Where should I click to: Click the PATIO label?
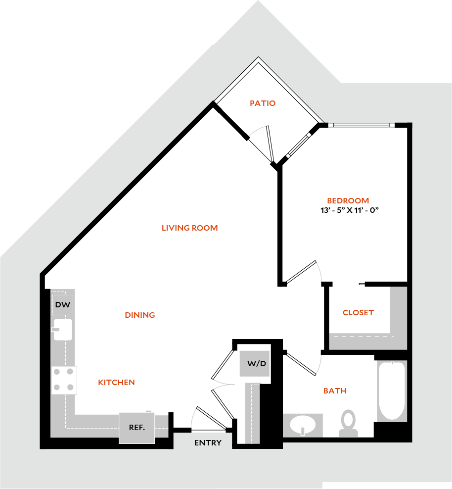coord(263,103)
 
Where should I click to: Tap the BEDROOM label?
coord(348,200)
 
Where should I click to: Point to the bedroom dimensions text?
coord(350,210)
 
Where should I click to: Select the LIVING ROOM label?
coord(190,228)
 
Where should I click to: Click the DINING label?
coord(140,315)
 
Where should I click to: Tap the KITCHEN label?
coord(117,383)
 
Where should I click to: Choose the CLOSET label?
coord(358,312)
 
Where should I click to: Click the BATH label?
coord(335,391)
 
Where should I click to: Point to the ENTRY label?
coord(208,443)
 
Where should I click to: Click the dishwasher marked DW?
coord(63,305)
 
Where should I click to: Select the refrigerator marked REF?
coord(137,428)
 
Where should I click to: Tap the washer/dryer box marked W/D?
coord(255,363)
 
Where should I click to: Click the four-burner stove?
coord(64,380)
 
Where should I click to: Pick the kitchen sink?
coord(63,329)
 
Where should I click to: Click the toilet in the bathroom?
coord(348,423)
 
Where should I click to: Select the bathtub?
coord(392,391)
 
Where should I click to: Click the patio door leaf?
coord(270,144)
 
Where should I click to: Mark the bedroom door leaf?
coord(301,272)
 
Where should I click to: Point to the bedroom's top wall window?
coord(362,125)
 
